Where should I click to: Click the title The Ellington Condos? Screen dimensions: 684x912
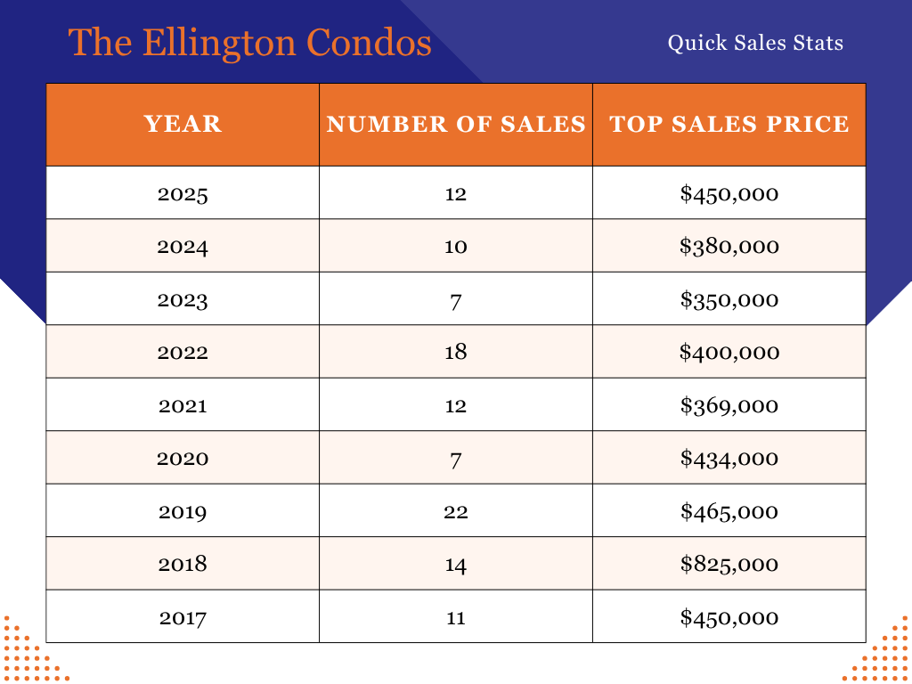coord(250,43)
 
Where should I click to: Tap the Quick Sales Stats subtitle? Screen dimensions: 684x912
coord(755,42)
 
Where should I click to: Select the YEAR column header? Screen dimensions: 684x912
coord(183,124)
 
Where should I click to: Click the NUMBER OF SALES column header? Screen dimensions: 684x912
coord(456,124)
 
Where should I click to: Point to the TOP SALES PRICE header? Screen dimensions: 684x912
coord(729,124)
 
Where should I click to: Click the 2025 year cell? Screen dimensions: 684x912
coord(183,193)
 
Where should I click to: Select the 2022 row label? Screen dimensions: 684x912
coord(183,352)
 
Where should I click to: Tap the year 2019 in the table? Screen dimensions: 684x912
coord(183,511)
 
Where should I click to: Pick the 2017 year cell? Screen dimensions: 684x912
coord(183,617)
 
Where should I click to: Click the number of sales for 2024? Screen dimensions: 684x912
coord(456,246)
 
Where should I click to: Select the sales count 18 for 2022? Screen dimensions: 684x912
coord(456,352)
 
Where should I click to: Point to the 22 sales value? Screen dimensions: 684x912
coord(456,511)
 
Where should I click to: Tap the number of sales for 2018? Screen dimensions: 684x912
coord(456,564)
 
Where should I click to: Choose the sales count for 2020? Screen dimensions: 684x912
coord(456,458)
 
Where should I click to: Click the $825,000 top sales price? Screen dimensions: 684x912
coord(729,564)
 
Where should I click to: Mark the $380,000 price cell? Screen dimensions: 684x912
coord(729,246)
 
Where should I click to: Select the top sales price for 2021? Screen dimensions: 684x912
coord(729,405)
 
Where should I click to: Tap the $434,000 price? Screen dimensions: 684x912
coord(729,458)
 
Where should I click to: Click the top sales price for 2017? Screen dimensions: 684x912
coord(729,617)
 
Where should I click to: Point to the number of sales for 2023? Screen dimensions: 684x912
coord(456,299)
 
